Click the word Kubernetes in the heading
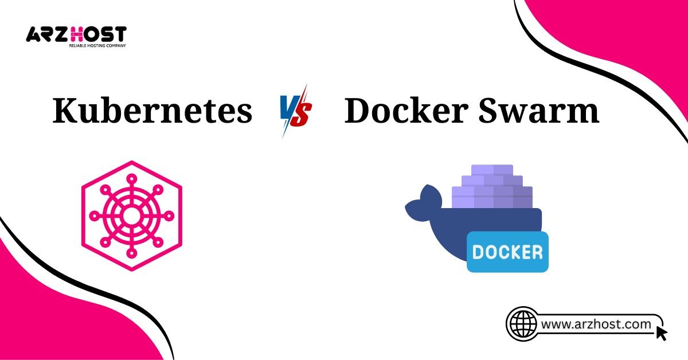152,111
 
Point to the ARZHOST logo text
76,34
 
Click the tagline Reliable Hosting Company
97,45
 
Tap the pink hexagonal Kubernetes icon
131,216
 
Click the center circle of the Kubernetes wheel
131,216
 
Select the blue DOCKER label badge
507,252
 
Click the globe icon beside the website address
522,324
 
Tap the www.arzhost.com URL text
596,324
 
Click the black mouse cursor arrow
662,333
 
